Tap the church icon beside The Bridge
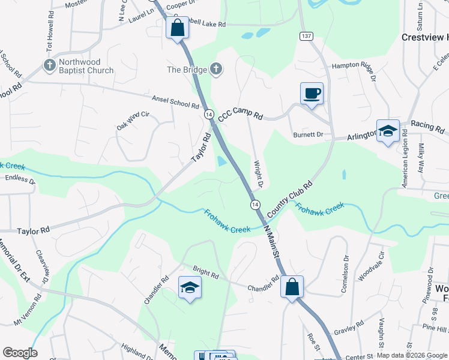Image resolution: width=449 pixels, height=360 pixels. click(216, 70)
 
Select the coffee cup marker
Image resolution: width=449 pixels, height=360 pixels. click(312, 94)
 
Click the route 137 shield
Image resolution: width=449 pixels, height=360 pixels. click(307, 37)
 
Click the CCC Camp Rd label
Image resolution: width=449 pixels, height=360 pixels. click(240, 115)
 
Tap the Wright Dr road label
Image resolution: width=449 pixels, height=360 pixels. click(260, 173)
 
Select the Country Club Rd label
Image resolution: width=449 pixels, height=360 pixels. click(291, 200)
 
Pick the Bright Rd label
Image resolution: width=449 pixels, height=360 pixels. click(205, 272)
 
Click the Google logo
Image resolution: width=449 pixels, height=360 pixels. click(20, 353)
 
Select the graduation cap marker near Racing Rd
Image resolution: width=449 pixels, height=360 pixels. click(388, 131)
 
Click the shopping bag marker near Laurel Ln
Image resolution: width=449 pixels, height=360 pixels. click(177, 28)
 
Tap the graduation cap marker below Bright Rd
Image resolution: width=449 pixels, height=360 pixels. click(190, 288)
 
